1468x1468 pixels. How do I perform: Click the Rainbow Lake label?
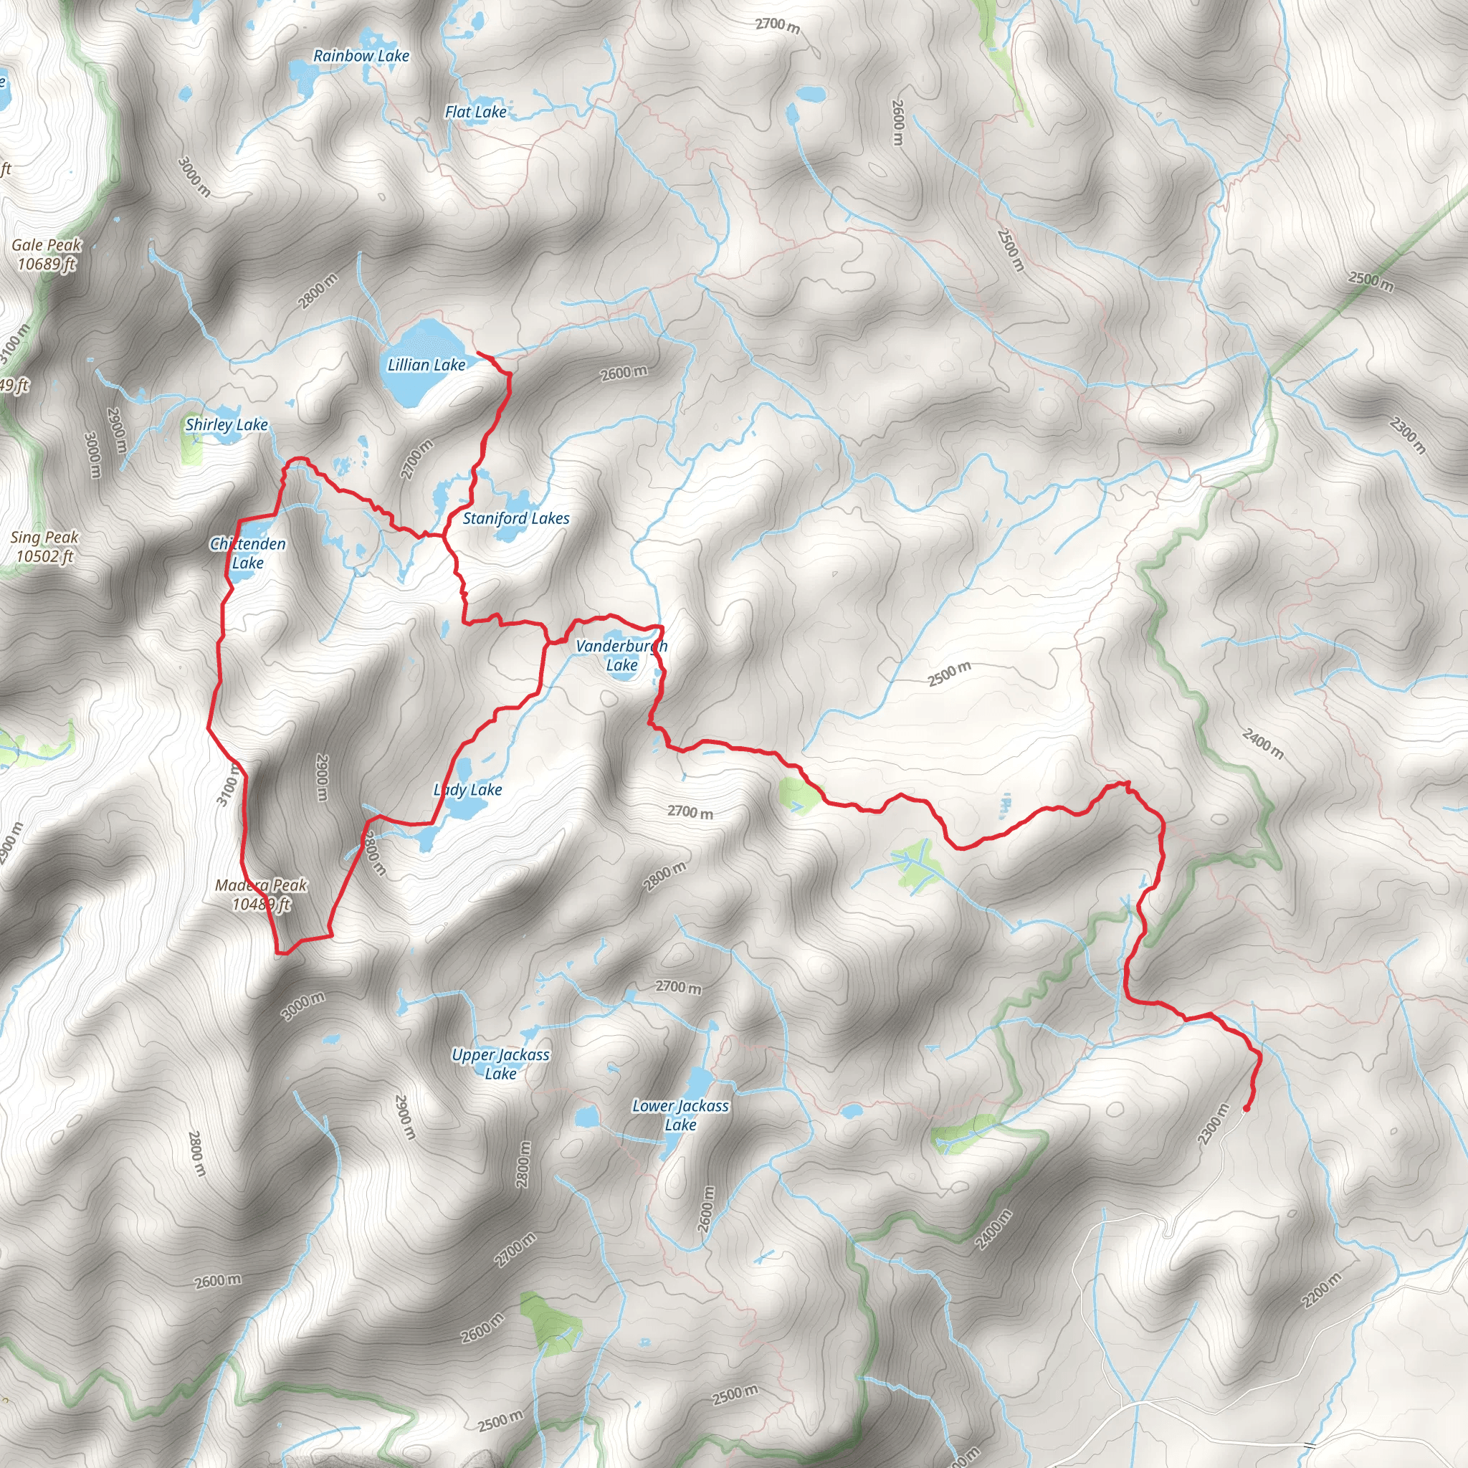(x=361, y=55)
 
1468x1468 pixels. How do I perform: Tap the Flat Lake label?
(x=476, y=113)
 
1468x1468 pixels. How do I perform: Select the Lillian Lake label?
(x=426, y=365)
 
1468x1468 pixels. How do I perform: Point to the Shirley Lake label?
(x=227, y=425)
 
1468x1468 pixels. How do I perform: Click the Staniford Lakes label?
(x=516, y=518)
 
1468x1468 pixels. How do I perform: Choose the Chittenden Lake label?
(x=248, y=553)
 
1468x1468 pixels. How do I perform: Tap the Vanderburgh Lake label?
(x=621, y=655)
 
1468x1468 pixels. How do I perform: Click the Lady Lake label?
(x=468, y=790)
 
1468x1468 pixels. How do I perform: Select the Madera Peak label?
(x=261, y=885)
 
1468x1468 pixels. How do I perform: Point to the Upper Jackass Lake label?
(x=500, y=1064)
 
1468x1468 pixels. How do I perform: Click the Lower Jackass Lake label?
(x=680, y=1115)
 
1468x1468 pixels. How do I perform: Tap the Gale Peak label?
(x=47, y=244)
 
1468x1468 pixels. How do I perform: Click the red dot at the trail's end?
(x=1246, y=1109)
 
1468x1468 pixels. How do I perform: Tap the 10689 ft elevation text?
(x=47, y=264)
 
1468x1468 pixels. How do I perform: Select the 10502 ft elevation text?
(x=45, y=556)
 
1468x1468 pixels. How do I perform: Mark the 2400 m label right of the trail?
(x=1262, y=743)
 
